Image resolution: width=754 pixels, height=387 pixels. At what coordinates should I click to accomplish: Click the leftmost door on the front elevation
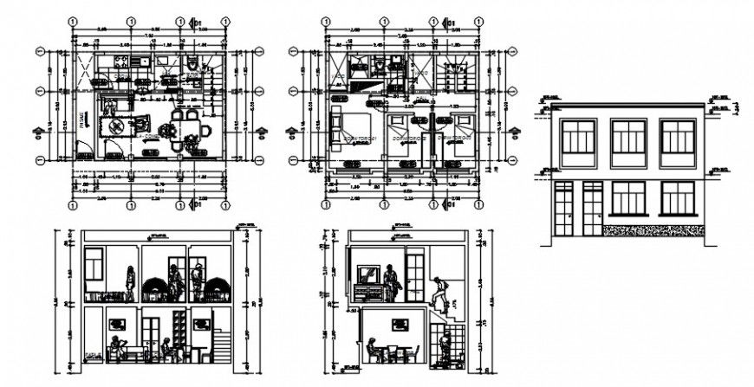tap(563, 209)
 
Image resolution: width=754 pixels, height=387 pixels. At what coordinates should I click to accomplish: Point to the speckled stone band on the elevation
tap(652, 230)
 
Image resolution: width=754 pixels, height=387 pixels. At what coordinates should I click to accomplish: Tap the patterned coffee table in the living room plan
tap(114, 127)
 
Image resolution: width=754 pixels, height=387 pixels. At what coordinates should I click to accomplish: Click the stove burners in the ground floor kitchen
tap(119, 62)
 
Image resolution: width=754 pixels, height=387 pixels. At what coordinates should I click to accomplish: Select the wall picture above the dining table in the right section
tap(400, 324)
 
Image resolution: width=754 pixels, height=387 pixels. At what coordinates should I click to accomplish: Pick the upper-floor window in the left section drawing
tap(94, 261)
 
